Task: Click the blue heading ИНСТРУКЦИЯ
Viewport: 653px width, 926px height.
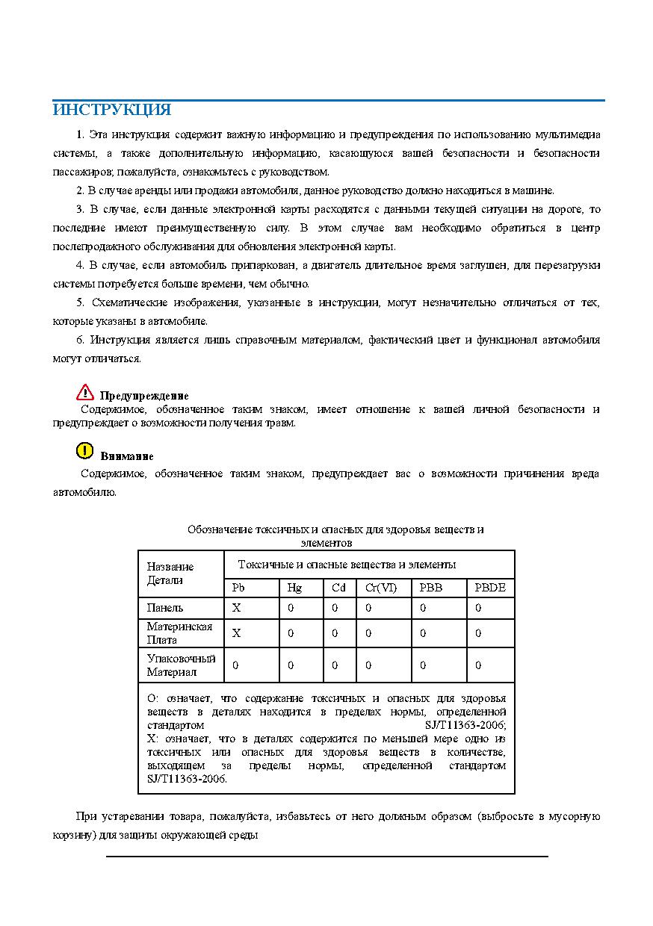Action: point(111,111)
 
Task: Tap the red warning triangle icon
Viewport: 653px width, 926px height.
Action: point(85,392)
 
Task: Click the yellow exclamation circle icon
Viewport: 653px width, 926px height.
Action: point(84,450)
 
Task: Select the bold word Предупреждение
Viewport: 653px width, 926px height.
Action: point(144,396)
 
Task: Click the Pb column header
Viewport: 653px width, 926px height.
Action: point(238,588)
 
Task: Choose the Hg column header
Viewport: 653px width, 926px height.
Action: point(294,588)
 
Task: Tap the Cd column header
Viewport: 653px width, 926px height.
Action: point(338,588)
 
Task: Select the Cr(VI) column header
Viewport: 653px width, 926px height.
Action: point(381,588)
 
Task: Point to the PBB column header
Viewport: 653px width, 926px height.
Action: point(431,588)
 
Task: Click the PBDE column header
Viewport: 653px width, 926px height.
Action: point(490,588)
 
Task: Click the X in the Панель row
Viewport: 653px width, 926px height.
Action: point(237,608)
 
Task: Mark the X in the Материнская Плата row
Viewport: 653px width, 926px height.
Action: point(237,633)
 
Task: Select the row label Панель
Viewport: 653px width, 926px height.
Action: point(164,608)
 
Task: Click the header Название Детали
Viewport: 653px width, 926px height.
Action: point(170,574)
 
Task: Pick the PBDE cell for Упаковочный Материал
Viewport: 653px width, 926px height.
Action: point(478,665)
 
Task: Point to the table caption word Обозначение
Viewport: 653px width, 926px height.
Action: point(220,529)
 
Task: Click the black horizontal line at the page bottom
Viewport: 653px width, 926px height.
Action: point(327,857)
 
